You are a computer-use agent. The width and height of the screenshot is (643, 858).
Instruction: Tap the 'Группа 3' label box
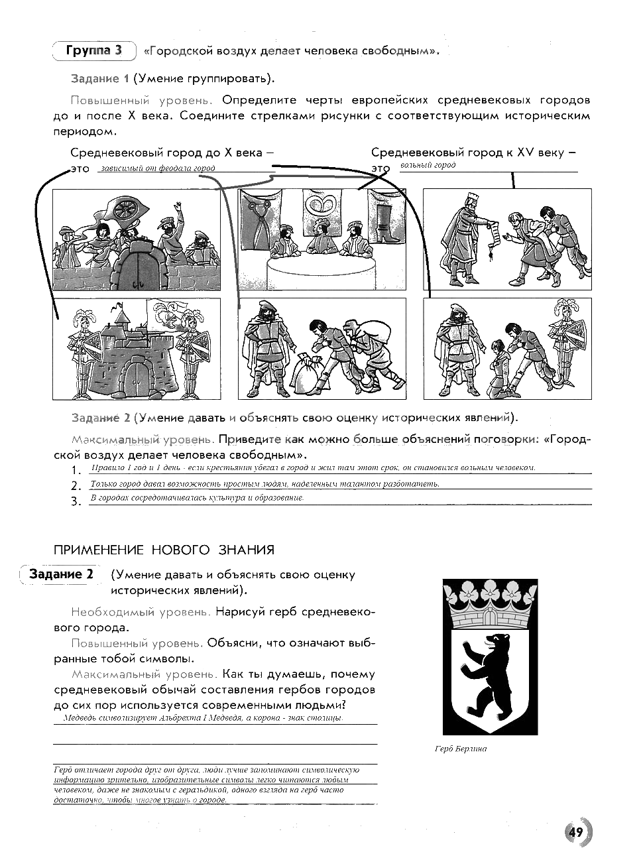pyautogui.click(x=93, y=51)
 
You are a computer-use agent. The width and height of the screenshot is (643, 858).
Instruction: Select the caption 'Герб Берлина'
pyautogui.click(x=461, y=749)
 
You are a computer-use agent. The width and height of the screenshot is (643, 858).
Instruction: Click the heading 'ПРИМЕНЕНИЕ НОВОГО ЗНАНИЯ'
pyautogui.click(x=163, y=550)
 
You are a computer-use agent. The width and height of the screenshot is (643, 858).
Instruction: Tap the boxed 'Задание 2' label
pyautogui.click(x=61, y=574)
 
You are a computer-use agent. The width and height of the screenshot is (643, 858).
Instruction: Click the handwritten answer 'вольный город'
pyautogui.click(x=428, y=165)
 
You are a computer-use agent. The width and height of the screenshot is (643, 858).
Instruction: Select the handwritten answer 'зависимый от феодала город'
pyautogui.click(x=157, y=168)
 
